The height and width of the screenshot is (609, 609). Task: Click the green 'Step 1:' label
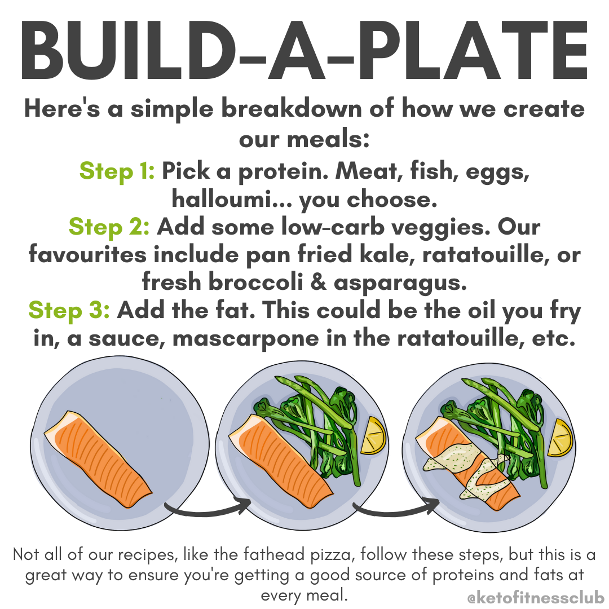click(x=117, y=171)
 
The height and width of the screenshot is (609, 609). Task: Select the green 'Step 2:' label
click(x=109, y=227)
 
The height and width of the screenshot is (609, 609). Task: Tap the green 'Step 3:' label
click(x=69, y=310)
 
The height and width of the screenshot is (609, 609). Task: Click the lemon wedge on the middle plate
click(x=374, y=436)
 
